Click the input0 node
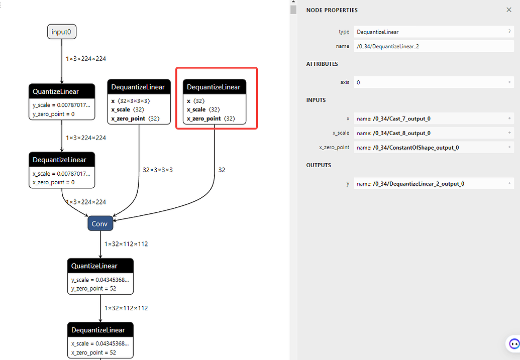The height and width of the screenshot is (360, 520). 62,32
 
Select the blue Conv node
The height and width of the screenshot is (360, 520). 100,224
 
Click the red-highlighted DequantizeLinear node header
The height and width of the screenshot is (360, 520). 214,87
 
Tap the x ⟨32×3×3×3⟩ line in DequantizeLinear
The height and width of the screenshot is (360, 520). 130,101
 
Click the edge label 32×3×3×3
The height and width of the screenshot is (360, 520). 158,170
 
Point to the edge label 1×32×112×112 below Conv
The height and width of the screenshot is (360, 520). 126,244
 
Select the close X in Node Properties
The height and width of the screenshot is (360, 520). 509,10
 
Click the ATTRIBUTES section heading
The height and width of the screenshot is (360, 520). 322,64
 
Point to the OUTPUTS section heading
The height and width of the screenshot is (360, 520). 319,165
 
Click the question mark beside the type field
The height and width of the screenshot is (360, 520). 509,32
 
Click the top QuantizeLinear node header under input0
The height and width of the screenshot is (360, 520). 62,92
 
